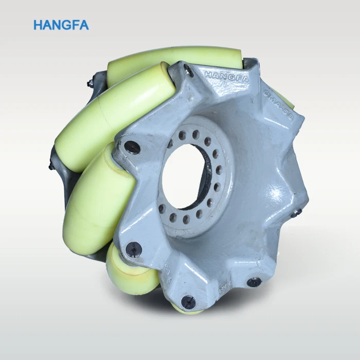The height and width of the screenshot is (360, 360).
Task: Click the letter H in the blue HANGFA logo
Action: coord(38,25)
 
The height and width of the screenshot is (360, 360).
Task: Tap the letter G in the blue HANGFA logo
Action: coord(67,25)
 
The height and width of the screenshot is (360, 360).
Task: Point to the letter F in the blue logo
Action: coord(76,25)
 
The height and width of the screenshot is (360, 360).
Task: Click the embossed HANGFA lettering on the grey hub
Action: coord(226,77)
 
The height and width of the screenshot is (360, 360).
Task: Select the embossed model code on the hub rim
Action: coord(278,105)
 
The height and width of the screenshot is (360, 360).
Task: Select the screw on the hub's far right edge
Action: coord(295,211)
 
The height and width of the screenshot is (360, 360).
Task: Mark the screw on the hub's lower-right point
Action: coord(254,282)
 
